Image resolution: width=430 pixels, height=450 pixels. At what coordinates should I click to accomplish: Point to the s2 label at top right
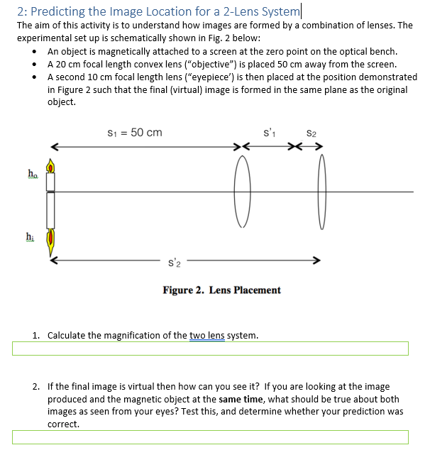coord(311,133)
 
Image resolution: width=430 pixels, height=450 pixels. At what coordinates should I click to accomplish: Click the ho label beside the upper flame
coord(31,173)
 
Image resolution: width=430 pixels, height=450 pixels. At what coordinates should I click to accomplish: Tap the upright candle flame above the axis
coord(50,166)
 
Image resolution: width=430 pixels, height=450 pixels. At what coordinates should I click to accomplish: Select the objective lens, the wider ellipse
coord(242,192)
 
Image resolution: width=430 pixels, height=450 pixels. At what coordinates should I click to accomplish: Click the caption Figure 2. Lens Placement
coord(221,290)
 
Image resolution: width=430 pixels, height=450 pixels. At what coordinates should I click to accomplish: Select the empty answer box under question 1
coord(210,349)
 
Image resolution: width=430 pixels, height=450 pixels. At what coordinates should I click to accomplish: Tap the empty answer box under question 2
coord(210,437)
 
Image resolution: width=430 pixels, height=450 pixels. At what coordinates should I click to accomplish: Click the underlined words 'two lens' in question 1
coord(206,335)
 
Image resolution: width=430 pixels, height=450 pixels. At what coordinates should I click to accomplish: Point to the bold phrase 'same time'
coord(241,400)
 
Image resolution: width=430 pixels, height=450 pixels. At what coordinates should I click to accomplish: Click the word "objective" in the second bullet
coord(194,64)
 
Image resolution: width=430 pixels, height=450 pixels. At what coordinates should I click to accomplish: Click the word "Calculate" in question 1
coord(68,335)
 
